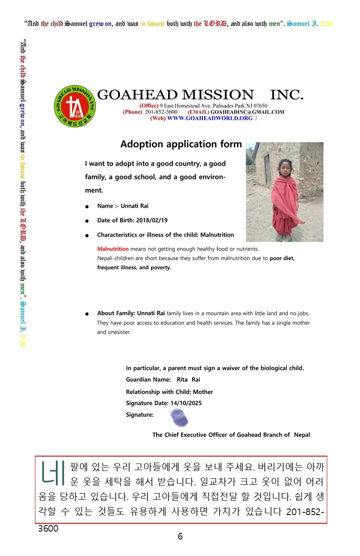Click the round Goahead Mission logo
[x=74, y=106]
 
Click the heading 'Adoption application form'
[x=181, y=144]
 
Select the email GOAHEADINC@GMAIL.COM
[x=247, y=112]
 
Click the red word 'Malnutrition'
[x=113, y=249]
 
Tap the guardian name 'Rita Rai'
[x=189, y=380]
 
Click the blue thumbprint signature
[x=179, y=418]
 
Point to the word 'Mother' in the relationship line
[x=203, y=392]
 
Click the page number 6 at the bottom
[x=180, y=537]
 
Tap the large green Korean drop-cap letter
[x=52, y=471]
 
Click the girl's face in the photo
[x=285, y=169]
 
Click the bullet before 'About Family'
[x=88, y=314]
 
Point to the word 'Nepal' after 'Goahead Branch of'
[x=302, y=435]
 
